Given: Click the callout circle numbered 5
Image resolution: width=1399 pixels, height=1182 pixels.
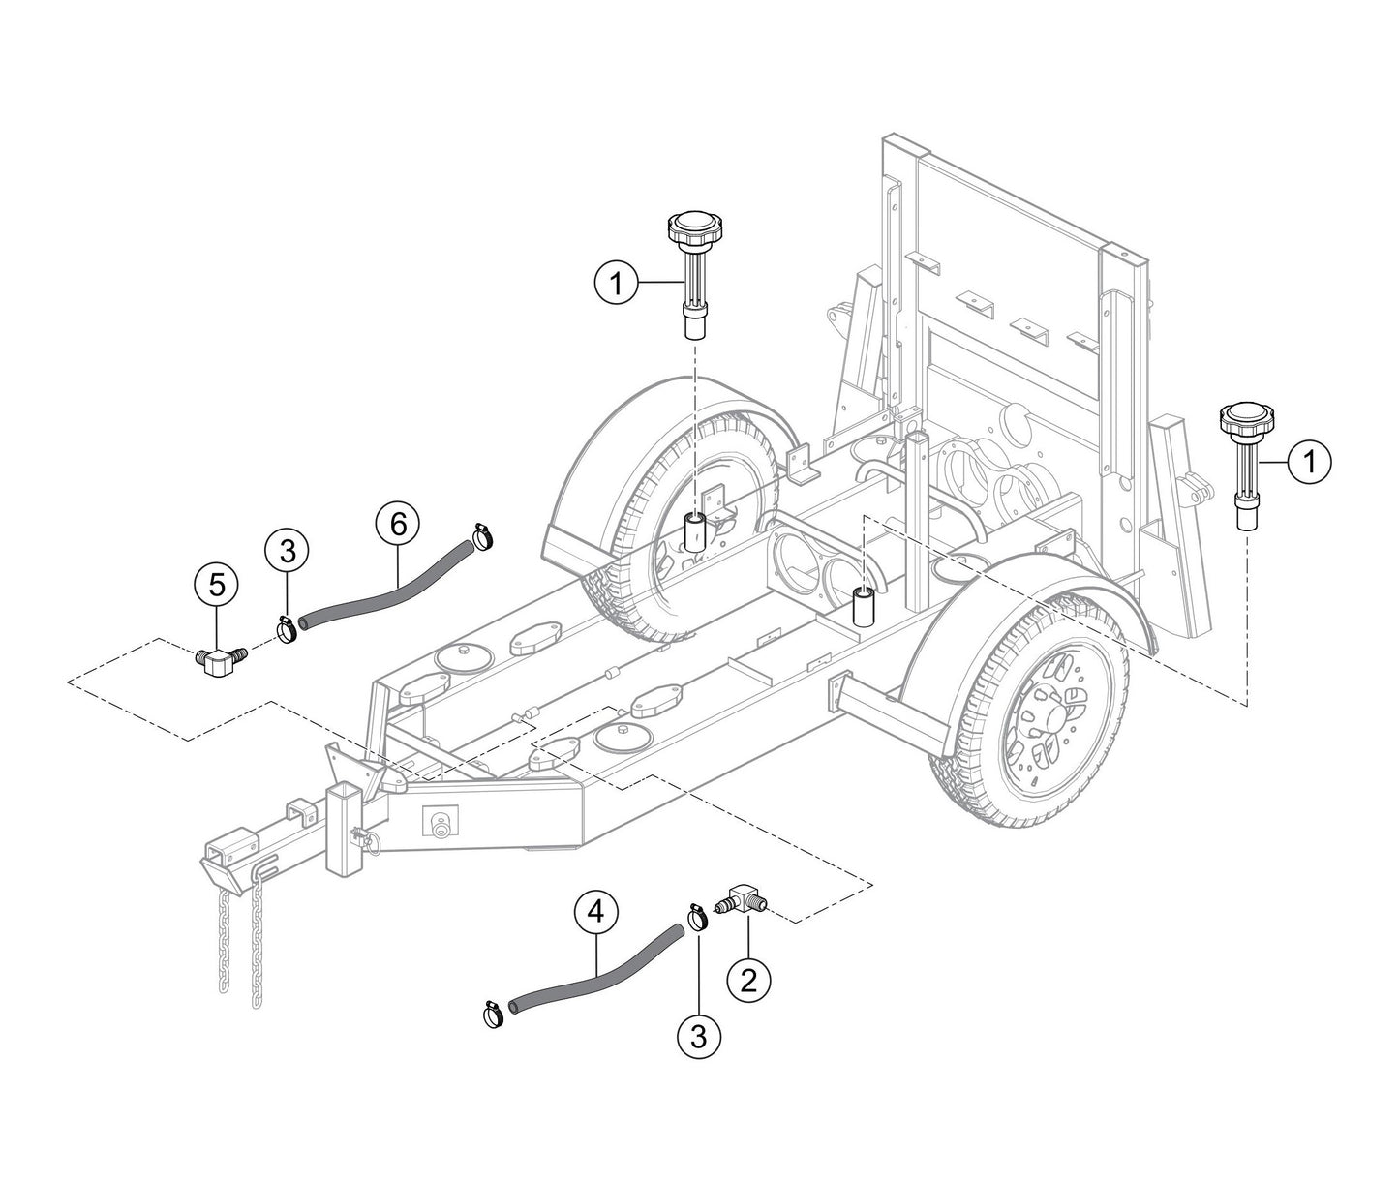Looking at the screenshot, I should click(x=217, y=584).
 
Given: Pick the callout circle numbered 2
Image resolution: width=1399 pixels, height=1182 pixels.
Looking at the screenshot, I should click(x=748, y=980).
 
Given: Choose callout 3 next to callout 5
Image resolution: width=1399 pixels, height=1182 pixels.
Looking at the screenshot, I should click(x=288, y=552).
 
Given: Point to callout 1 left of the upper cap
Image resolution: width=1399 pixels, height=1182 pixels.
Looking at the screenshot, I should click(x=617, y=283).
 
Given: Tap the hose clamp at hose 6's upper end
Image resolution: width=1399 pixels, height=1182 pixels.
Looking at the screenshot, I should click(x=481, y=535).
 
